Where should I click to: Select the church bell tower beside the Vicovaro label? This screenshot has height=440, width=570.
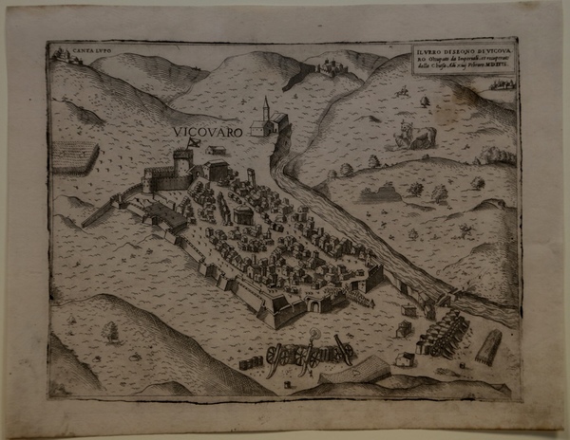[266, 112]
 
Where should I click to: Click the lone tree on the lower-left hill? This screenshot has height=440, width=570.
[112, 329]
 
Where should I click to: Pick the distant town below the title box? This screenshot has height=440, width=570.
[495, 84]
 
